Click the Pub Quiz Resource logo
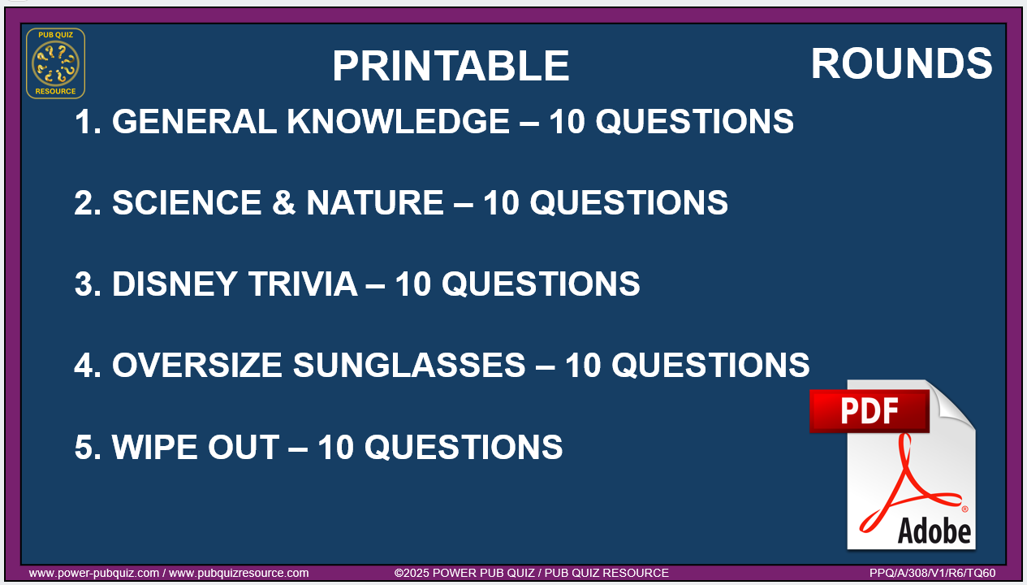[x=55, y=63]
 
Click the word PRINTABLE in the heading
[x=451, y=66]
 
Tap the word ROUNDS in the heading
[x=902, y=63]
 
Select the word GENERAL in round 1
[x=194, y=122]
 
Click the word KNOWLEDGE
[x=398, y=122]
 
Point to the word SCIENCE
[x=187, y=202]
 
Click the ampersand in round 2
[x=284, y=202]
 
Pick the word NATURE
[x=374, y=202]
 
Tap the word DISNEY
[x=175, y=284]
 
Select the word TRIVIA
[x=303, y=284]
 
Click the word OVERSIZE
[x=197, y=366]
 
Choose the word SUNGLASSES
[x=409, y=366]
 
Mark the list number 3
[x=87, y=284]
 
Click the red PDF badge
[x=869, y=411]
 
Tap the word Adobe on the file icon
[x=934, y=531]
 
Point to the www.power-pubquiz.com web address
[x=94, y=573]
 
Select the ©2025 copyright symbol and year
[x=412, y=573]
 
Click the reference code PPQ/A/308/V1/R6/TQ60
[x=933, y=573]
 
